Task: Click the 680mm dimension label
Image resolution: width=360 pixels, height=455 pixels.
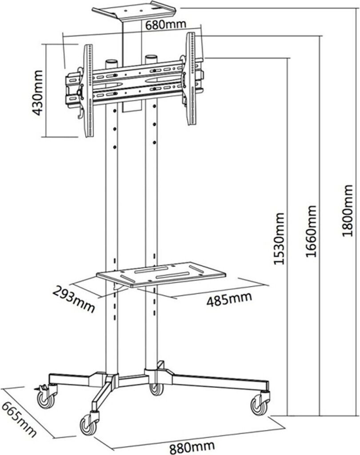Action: point(164,25)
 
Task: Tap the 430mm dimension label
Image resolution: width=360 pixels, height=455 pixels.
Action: point(38,92)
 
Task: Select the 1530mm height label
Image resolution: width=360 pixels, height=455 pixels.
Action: point(278,239)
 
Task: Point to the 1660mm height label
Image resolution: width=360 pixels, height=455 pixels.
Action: point(311,231)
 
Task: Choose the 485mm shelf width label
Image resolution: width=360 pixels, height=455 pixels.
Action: point(228,300)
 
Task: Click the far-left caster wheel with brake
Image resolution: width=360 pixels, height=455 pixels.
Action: point(45,399)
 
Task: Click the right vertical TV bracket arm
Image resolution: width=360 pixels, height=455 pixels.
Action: point(192,78)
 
